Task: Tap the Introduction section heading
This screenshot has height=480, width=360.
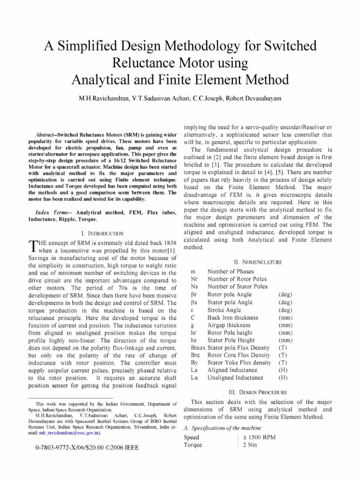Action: (x=102, y=233)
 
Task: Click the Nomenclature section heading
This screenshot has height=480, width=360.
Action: (x=258, y=262)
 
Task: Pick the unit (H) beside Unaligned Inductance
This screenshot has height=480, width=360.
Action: (x=283, y=377)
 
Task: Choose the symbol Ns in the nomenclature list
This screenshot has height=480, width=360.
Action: (x=195, y=286)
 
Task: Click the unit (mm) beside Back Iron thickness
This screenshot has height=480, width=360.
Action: (x=285, y=317)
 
